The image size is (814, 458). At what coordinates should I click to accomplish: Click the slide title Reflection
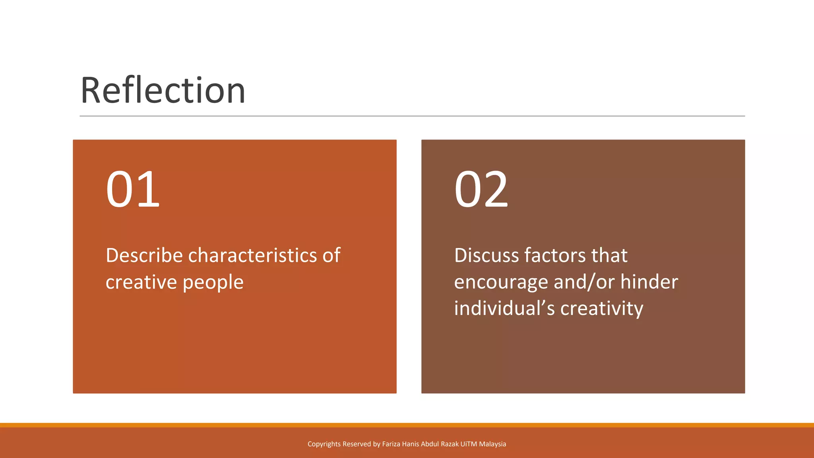pos(163,91)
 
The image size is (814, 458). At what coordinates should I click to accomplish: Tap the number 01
pos(133,189)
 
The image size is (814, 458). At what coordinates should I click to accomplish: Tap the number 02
pos(481,189)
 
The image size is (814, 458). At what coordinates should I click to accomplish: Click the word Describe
pos(144,255)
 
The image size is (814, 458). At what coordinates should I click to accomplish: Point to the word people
pos(213,283)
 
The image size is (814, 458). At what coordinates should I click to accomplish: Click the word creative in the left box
pos(141,283)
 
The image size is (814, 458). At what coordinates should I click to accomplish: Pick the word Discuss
pos(486,255)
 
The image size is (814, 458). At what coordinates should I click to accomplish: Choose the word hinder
pos(649,282)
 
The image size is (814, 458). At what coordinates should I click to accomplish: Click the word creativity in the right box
pos(602,309)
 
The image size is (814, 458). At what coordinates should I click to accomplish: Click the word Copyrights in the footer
pos(324,444)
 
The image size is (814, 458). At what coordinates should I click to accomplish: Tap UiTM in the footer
pos(469,444)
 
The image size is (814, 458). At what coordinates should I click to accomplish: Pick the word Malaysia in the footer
pos(492,444)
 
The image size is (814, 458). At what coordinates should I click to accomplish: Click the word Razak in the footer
pos(450,444)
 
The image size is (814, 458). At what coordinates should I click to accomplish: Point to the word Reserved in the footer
pos(357,444)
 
